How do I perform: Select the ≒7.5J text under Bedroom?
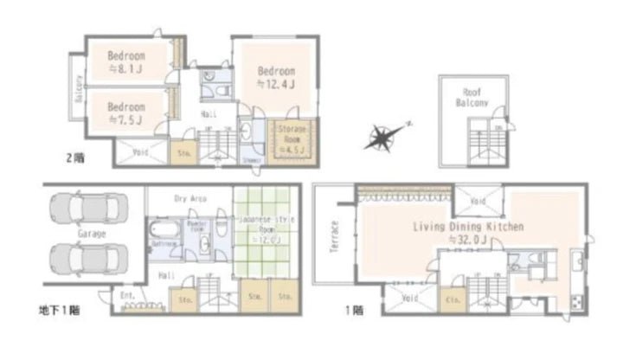point(125,120)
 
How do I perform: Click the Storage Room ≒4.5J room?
point(295,139)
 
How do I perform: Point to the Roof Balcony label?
point(472,97)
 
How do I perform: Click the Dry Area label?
point(190,198)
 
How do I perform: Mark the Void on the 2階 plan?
point(140,152)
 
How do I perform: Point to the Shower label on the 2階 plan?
point(250,159)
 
